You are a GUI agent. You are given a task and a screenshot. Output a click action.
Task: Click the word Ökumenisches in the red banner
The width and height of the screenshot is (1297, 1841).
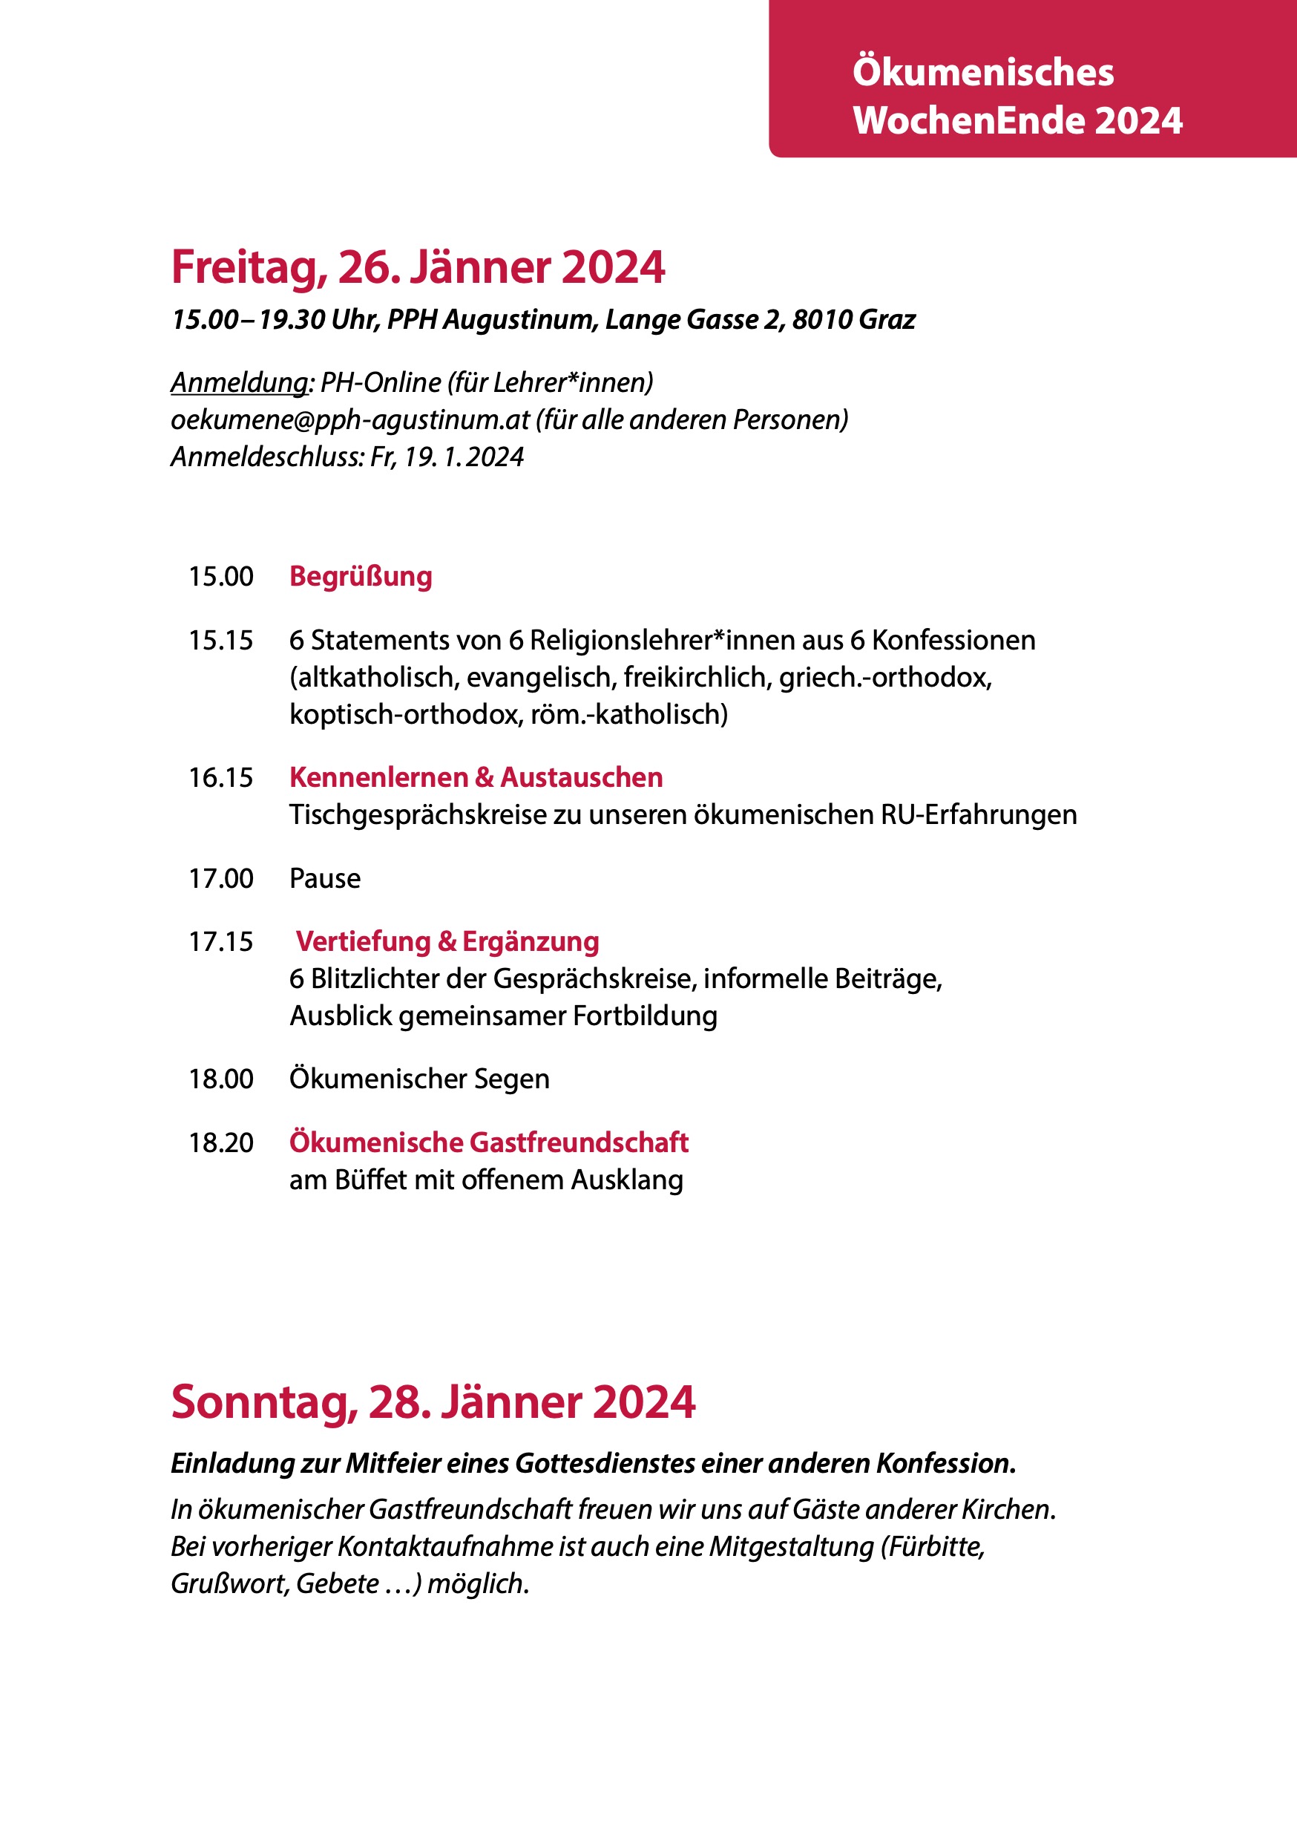tap(983, 72)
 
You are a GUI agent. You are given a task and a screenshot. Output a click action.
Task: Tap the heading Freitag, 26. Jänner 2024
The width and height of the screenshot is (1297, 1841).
tap(418, 267)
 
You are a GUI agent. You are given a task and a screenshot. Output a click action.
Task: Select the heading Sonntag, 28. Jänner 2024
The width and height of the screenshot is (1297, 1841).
tap(433, 1402)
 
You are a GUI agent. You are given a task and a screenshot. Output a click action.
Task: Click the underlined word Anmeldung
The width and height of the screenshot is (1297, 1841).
tap(239, 382)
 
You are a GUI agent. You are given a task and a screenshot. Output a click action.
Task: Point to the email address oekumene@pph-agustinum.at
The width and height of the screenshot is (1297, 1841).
tap(350, 419)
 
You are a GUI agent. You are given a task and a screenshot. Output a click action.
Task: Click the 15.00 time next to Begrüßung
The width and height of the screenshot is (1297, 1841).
tap(220, 577)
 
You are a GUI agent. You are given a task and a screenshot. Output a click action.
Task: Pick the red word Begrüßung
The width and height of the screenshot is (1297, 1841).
tap(361, 577)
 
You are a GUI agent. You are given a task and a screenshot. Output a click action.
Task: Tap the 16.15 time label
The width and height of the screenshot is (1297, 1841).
tap(220, 778)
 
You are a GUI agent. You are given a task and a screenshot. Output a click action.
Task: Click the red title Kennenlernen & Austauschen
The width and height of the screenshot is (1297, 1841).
tap(476, 778)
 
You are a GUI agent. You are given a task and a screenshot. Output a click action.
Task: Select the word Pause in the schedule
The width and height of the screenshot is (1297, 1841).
tap(325, 879)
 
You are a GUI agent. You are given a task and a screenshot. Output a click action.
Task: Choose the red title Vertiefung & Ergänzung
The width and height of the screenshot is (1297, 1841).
tap(447, 941)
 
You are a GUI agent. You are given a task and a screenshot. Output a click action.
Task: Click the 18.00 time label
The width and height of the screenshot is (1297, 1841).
tap(220, 1079)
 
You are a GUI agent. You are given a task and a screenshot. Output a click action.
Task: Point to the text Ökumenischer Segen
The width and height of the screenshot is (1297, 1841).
tap(419, 1079)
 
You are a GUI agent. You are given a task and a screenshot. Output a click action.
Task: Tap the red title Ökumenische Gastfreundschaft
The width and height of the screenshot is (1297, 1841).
tap(489, 1142)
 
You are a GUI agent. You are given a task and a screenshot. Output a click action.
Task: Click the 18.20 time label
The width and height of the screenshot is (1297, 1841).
tap(220, 1142)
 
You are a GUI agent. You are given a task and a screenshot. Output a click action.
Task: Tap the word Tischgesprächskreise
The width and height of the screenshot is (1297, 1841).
tap(417, 814)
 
